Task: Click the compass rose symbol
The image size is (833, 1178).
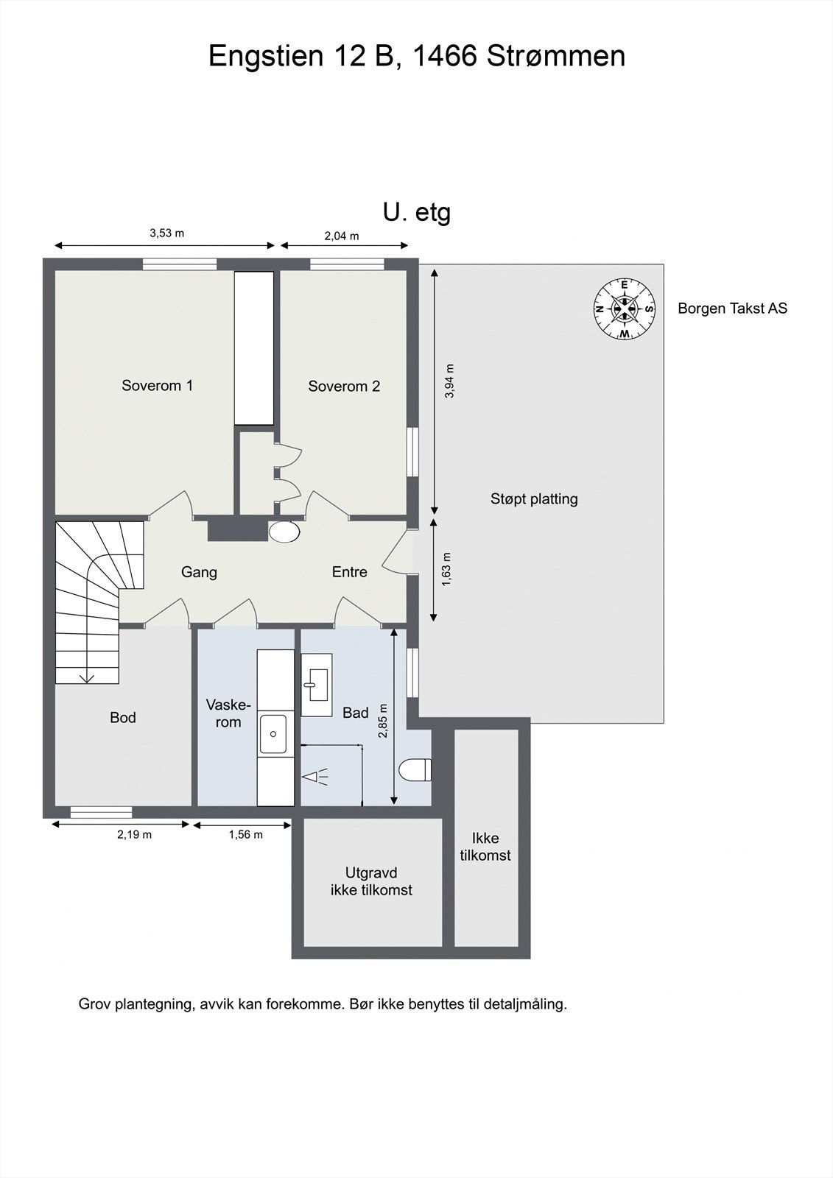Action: [x=624, y=308]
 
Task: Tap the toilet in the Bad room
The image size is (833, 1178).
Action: [x=415, y=770]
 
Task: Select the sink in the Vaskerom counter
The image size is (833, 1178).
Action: [x=273, y=733]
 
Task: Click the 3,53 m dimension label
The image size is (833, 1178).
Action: [x=166, y=233]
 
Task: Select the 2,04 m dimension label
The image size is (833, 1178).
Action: [x=342, y=236]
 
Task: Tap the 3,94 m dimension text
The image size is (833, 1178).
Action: [x=449, y=381]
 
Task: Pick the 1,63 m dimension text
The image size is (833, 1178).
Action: [x=447, y=570]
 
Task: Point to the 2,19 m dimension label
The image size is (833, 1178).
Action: [x=134, y=834]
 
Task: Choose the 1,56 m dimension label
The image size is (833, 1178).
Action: [x=246, y=834]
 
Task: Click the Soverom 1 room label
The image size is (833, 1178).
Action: [x=158, y=386]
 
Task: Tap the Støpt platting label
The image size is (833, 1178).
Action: [x=534, y=498]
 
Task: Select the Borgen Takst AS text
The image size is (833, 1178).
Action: [x=733, y=308]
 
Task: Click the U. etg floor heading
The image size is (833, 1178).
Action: [x=417, y=213]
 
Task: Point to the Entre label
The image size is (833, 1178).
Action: [x=349, y=571]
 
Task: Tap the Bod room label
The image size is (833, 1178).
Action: [x=122, y=717]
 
